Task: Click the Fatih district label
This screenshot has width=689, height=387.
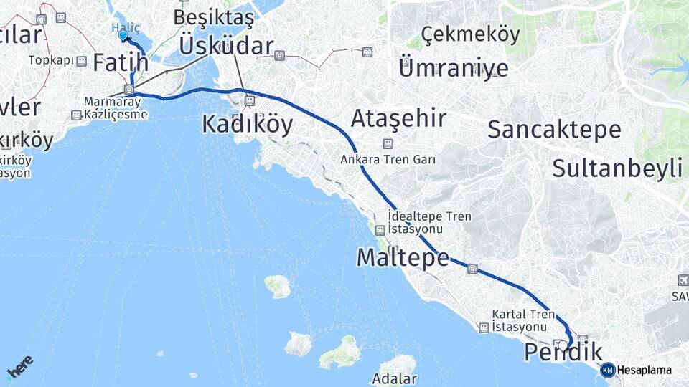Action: coord(120,62)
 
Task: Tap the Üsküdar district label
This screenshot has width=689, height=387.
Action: coord(226,46)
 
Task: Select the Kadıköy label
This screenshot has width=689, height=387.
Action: coord(247,124)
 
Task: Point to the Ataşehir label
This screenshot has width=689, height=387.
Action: coord(398,118)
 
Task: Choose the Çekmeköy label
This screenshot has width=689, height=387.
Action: coord(470,34)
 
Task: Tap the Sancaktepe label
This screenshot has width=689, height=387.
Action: coord(554,129)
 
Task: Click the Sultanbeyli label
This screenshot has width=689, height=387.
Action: coord(617,168)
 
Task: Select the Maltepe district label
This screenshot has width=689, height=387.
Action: coord(403,257)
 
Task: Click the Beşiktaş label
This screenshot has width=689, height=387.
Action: coord(213,16)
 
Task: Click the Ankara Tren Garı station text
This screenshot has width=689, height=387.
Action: coord(388,160)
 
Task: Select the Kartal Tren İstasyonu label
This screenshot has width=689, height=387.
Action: coord(523,320)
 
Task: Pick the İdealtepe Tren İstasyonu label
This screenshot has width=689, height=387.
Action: coord(419,221)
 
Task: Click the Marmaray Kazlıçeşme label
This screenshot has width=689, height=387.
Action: coord(116,108)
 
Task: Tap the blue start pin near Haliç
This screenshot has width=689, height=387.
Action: coord(123,35)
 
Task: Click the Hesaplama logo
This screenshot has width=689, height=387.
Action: coord(637,370)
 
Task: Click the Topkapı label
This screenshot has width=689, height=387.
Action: coord(51,60)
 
